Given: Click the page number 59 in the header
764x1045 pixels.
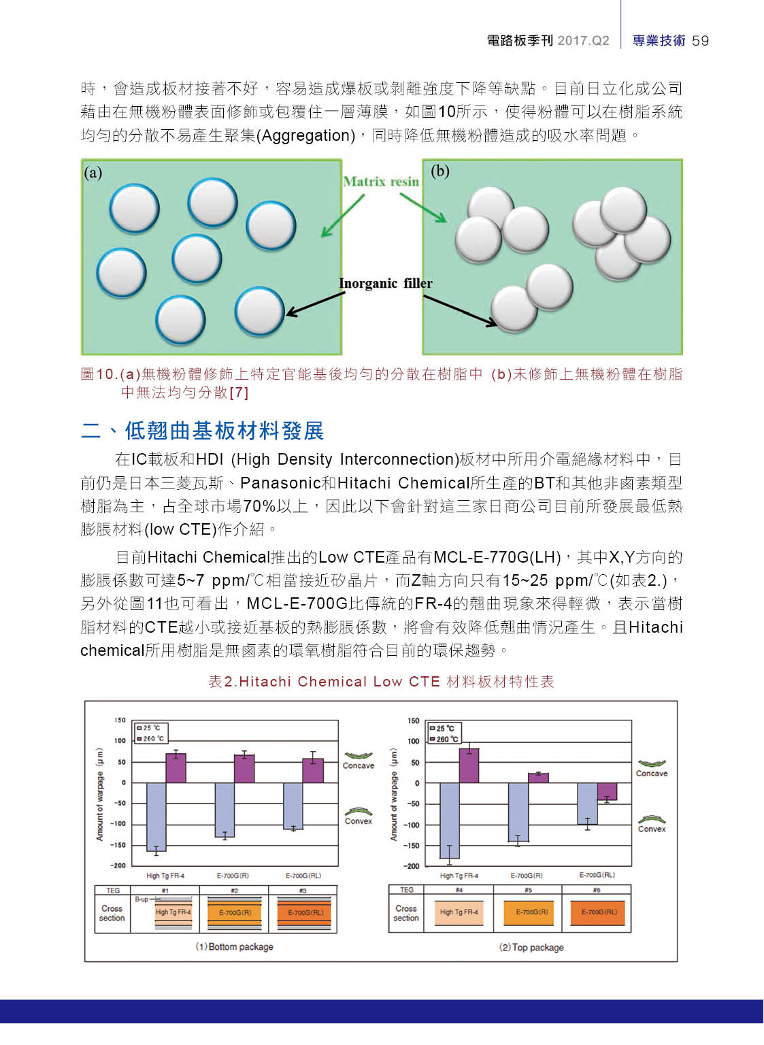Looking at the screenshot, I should tap(700, 41).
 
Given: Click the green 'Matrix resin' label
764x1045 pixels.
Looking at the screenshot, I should tap(381, 182).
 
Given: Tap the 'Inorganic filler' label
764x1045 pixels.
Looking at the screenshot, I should tap(385, 283).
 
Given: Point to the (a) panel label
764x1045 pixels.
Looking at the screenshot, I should tap(93, 173).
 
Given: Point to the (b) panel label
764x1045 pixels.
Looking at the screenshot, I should tap(440, 171).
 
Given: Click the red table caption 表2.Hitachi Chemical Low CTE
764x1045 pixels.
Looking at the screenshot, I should tap(381, 682).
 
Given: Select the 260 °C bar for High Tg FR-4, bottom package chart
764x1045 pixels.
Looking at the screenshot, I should tap(176, 768).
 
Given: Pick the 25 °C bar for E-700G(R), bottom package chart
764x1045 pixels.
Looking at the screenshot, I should tap(225, 810).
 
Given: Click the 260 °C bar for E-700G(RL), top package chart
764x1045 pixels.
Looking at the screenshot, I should tap(607, 791).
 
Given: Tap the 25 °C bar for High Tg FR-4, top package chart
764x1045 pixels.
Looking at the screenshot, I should tap(450, 820).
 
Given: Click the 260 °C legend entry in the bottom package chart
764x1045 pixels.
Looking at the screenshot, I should tap(150, 738).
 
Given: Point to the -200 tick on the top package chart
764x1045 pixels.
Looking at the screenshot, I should tap(412, 866).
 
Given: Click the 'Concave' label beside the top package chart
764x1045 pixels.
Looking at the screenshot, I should tap(652, 774).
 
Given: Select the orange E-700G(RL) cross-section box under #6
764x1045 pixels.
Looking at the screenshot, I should tap(598, 912).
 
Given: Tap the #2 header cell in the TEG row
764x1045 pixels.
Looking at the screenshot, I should tap(234, 891).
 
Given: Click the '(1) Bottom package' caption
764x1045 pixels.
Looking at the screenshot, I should tap(235, 947).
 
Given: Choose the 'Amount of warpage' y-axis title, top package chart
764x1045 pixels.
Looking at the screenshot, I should tap(393, 795).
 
